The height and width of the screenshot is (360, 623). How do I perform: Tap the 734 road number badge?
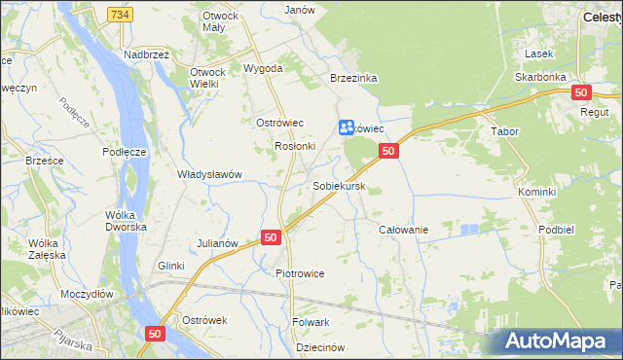(x=120, y=15)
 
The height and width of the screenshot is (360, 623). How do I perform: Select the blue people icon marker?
(x=347, y=127)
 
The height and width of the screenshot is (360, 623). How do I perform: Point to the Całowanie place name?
(x=403, y=229)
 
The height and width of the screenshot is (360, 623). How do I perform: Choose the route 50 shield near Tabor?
(x=581, y=92)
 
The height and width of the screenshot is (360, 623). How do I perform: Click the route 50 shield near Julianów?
(x=271, y=237)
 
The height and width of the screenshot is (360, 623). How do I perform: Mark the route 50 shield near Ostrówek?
(x=155, y=333)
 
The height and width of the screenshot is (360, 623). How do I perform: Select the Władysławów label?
(x=208, y=174)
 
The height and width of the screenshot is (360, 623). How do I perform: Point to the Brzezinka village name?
(x=353, y=78)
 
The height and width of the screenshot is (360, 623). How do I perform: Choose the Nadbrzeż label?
(x=146, y=55)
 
